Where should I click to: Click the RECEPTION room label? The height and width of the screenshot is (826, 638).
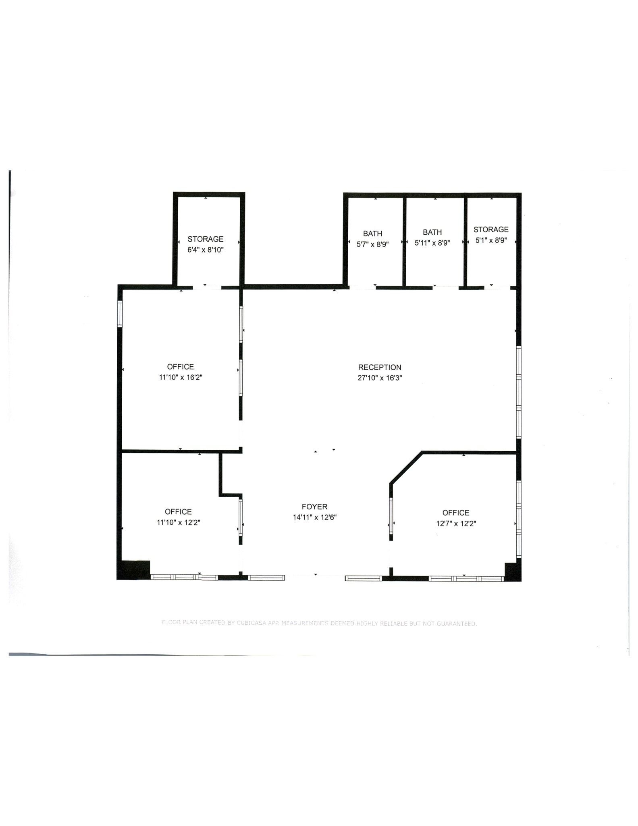click(380, 367)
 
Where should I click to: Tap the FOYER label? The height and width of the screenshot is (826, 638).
click(314, 507)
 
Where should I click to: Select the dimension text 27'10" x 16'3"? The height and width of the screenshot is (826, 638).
click(380, 378)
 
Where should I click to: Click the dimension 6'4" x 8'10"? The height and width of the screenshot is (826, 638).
click(205, 250)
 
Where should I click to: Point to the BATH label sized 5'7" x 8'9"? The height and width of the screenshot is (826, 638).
click(372, 234)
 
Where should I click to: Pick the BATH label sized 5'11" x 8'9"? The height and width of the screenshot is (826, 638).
click(432, 232)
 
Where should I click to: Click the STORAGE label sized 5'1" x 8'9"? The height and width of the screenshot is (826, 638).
click(491, 229)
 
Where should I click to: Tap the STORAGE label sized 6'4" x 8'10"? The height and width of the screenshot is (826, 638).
click(205, 239)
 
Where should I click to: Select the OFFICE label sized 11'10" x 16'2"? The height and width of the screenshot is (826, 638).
click(181, 367)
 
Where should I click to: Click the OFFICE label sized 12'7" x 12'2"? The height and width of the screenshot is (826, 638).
click(456, 513)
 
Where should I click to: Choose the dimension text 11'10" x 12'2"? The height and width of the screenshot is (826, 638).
click(179, 522)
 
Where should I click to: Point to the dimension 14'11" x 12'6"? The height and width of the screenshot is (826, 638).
click(314, 517)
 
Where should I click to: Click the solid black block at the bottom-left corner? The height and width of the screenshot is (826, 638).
click(133, 570)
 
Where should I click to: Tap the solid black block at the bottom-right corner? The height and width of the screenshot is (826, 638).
click(513, 572)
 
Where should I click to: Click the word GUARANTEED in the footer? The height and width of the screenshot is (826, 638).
click(457, 624)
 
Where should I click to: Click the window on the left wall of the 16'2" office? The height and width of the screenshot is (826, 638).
click(120, 313)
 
